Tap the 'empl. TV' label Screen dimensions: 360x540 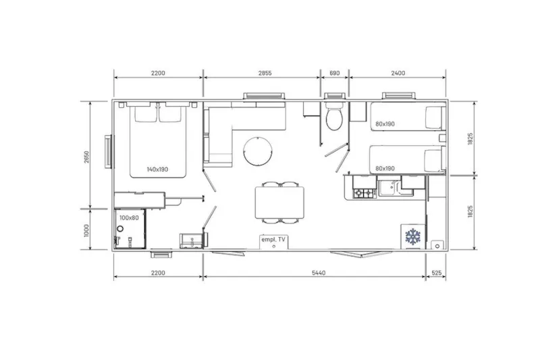pyautogui.click(x=273, y=239)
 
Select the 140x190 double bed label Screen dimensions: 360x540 pyautogui.click(x=157, y=169)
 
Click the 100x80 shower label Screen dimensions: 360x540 pyautogui.click(x=128, y=217)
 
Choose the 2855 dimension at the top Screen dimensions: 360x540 pyautogui.click(x=261, y=73)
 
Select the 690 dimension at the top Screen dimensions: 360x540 pyautogui.click(x=334, y=73)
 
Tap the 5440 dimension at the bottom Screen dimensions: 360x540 pyautogui.click(x=315, y=272)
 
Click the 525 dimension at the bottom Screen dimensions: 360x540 pyautogui.click(x=435, y=272)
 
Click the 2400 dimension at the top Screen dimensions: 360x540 pyautogui.click(x=398, y=73)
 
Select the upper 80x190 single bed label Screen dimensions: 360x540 pyautogui.click(x=385, y=123)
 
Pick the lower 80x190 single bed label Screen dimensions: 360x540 pyautogui.click(x=385, y=168)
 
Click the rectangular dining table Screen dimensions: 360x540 pyautogui.click(x=278, y=203)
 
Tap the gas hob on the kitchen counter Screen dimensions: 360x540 pyautogui.click(x=364, y=194)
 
